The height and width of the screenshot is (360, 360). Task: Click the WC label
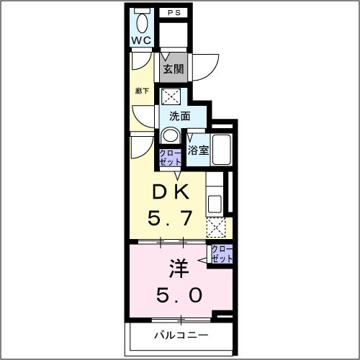(x=140, y=40)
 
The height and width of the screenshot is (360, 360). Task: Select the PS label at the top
(x=175, y=13)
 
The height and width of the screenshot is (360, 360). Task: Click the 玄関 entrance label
(x=173, y=70)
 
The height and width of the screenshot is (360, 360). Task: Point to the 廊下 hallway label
(x=142, y=91)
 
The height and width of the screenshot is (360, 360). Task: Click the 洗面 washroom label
(x=179, y=116)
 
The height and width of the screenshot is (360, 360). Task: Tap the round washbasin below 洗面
(x=171, y=135)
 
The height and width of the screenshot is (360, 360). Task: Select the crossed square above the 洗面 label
(x=171, y=96)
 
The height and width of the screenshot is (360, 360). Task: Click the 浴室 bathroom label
(x=198, y=150)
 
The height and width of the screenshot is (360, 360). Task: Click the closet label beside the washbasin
(x=170, y=157)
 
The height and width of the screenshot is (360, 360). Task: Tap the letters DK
(x=171, y=192)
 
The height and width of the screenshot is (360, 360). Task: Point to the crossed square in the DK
(x=215, y=228)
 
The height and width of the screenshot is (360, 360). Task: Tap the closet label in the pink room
(x=222, y=253)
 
